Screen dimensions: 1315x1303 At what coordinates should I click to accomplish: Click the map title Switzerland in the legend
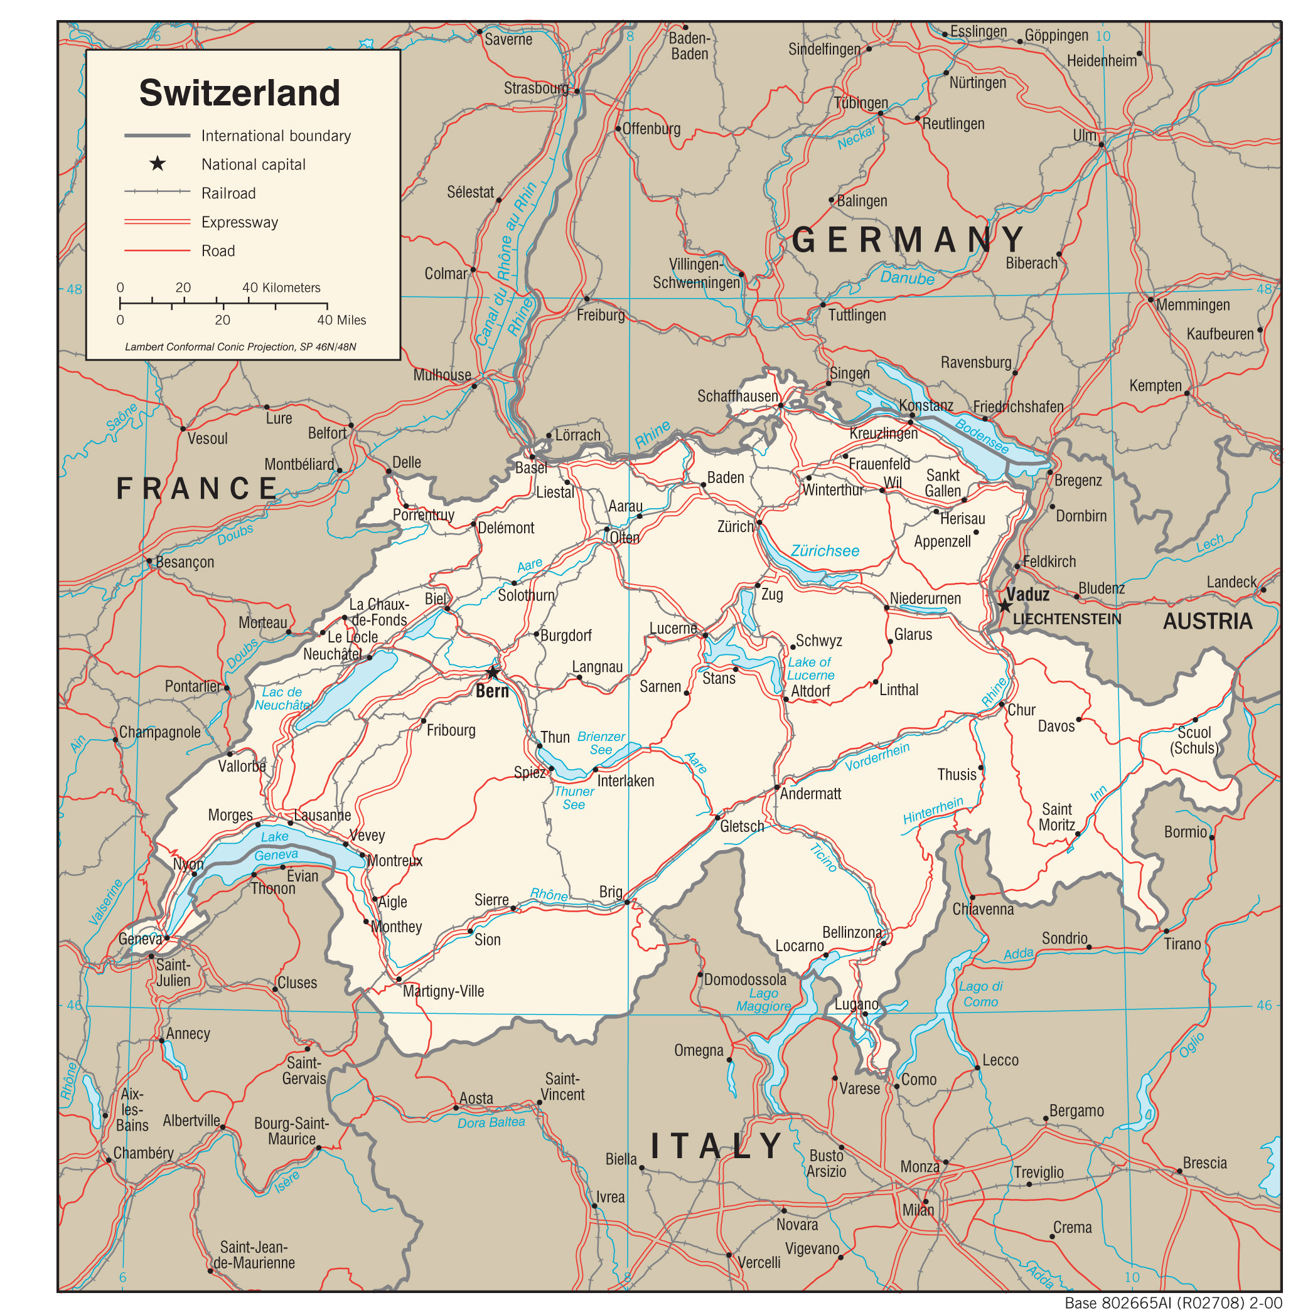click(x=240, y=93)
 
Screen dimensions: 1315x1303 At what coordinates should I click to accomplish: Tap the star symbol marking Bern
click(x=492, y=673)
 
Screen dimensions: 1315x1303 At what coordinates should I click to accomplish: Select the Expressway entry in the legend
click(x=240, y=223)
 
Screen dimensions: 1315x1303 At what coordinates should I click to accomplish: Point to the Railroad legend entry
click(x=228, y=193)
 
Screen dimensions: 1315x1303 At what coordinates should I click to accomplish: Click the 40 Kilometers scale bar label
click(x=281, y=287)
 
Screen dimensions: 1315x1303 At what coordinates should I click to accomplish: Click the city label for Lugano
click(x=855, y=1004)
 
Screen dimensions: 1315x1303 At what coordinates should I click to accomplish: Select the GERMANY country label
click(x=908, y=240)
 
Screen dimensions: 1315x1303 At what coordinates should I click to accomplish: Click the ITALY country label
click(x=717, y=1146)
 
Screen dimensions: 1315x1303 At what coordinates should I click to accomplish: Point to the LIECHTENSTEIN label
click(x=1066, y=619)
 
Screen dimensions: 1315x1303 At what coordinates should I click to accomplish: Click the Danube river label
click(x=907, y=278)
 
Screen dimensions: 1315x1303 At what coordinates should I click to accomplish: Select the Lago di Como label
click(x=980, y=994)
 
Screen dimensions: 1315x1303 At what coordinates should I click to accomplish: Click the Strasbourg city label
click(x=536, y=88)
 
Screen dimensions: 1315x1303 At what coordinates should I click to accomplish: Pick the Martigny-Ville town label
click(x=443, y=991)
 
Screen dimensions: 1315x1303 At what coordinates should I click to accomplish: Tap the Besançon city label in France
click(x=185, y=562)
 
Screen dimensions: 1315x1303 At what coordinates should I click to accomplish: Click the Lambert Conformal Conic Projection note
click(x=240, y=346)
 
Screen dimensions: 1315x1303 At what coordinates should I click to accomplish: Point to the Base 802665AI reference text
click(x=1172, y=1302)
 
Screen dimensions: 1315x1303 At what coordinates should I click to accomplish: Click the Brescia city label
click(x=1204, y=1163)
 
